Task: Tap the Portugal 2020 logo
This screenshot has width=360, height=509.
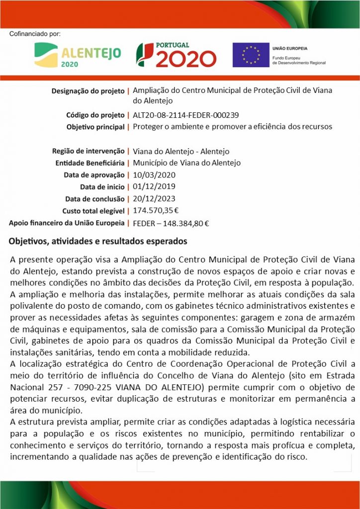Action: [177, 55]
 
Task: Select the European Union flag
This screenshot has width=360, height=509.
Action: [251, 55]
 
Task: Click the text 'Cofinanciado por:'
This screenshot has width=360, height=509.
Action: [35, 34]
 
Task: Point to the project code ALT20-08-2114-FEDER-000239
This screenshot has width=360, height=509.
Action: [186, 115]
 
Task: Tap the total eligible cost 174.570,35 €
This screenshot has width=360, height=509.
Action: [156, 211]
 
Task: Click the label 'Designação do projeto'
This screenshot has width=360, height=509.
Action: [88, 91]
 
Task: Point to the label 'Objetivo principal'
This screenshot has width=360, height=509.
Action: [95, 127]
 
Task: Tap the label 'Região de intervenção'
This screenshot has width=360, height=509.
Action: [88, 151]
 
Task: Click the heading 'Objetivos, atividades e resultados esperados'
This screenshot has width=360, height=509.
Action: [98, 242]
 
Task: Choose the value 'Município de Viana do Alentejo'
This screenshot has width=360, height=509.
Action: [186, 163]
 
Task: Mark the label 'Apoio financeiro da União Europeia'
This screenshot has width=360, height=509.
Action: [67, 223]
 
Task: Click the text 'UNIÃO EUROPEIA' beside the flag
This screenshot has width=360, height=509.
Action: [290, 49]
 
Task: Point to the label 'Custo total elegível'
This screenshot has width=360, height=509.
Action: [93, 211]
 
